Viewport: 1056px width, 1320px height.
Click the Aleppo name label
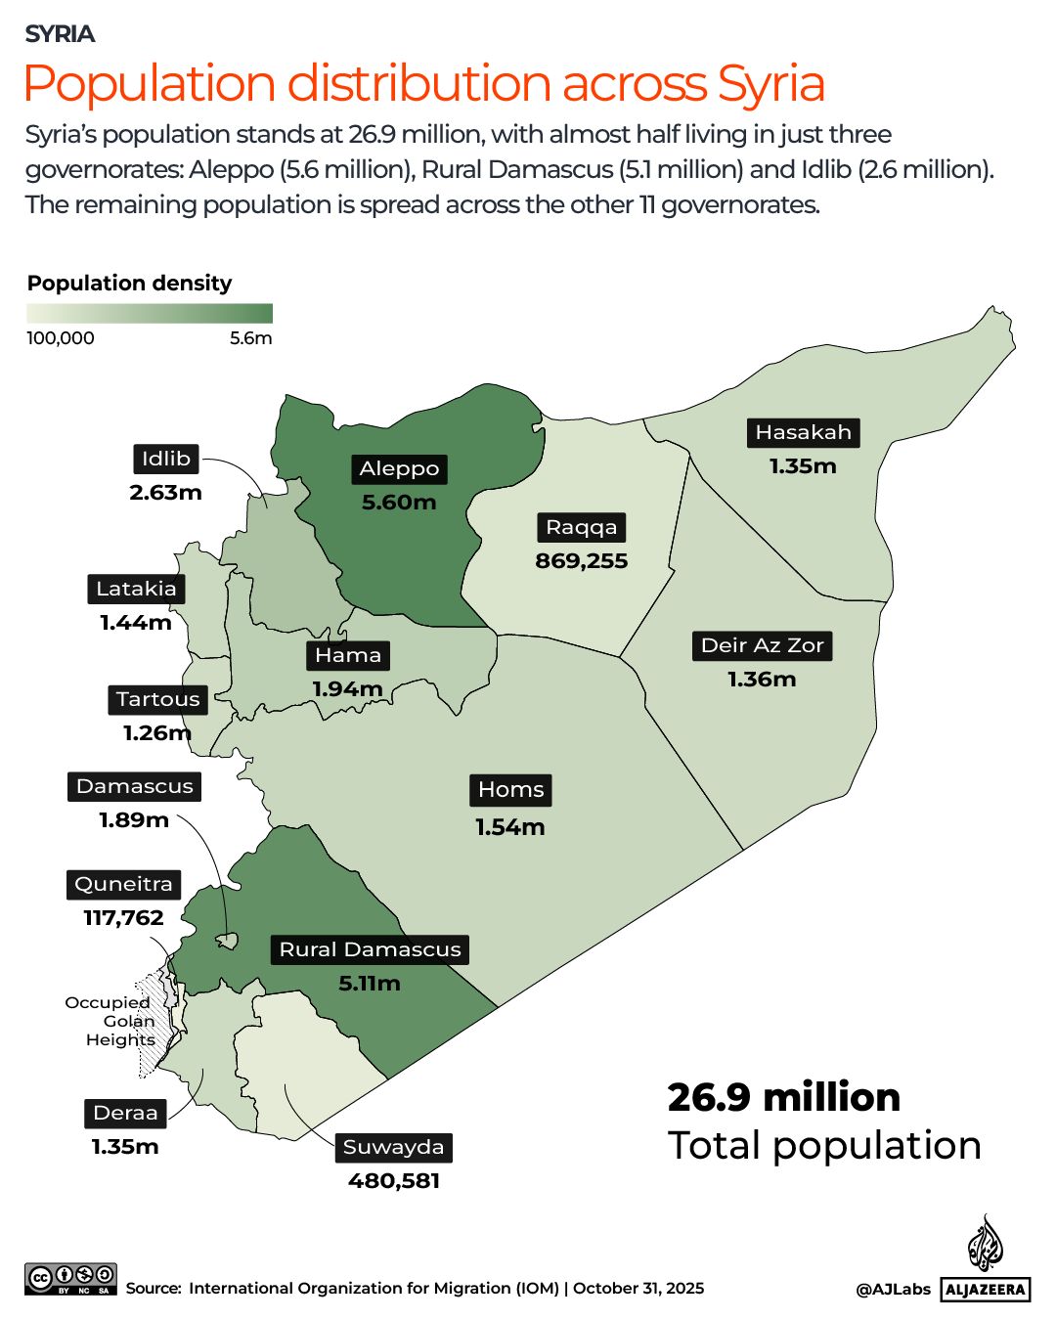[x=399, y=469]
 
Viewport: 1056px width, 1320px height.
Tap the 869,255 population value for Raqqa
[x=581, y=561]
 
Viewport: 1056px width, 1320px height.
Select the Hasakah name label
[x=803, y=433]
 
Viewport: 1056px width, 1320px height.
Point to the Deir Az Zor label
[x=762, y=645]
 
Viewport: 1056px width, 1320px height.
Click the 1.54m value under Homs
[x=509, y=827]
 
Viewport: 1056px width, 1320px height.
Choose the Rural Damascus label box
[x=370, y=949]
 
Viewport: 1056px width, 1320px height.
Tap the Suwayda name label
[x=393, y=1147]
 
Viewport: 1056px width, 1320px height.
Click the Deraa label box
[x=125, y=1113]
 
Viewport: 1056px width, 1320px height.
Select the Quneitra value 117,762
[x=123, y=918]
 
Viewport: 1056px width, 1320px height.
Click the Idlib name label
[x=165, y=459]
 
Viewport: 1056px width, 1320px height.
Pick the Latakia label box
[x=136, y=589]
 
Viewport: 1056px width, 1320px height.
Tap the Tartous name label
[x=157, y=699]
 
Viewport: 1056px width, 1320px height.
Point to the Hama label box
[x=348, y=655]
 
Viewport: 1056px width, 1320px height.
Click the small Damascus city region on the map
[x=227, y=941]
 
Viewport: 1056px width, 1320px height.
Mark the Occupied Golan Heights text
[x=112, y=1021]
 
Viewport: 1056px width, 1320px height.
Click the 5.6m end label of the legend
[x=250, y=338]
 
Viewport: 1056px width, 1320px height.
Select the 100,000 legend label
[x=61, y=338]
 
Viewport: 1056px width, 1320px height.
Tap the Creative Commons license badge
[x=70, y=1279]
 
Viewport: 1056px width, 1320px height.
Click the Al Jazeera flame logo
[x=985, y=1244]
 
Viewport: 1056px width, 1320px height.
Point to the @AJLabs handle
[x=893, y=1289]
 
